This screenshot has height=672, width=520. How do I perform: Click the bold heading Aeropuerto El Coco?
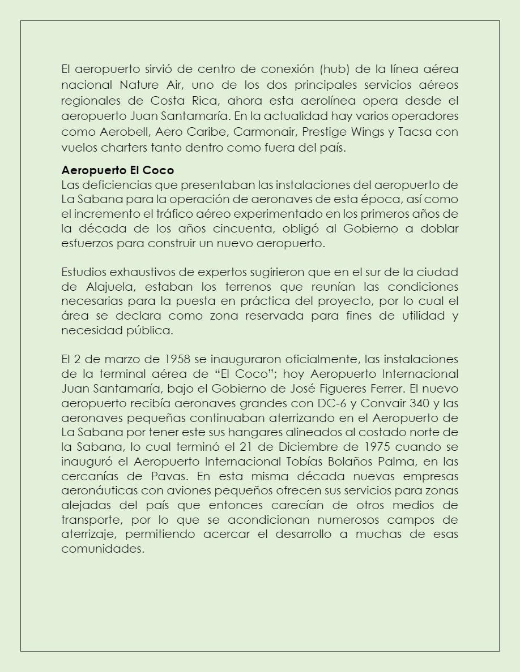click(117, 170)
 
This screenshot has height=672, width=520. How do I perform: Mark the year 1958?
click(178, 359)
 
